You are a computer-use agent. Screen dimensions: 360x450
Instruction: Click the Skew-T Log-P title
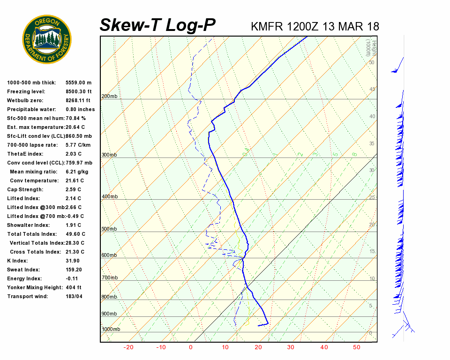pos(158,25)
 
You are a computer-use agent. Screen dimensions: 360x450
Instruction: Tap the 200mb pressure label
pos(109,97)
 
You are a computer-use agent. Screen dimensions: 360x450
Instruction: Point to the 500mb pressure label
pos(109,229)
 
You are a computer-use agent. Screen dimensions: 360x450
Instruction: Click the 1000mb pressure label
pos(111,330)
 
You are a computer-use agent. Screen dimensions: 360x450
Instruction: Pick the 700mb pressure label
pos(109,278)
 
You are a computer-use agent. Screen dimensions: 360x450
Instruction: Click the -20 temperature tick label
pos(128,347)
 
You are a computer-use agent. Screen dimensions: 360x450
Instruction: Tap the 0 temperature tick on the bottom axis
pos(191,347)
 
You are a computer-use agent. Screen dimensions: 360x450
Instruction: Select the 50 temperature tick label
pos(357,347)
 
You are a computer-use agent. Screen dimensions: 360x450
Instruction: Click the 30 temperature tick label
pos(291,347)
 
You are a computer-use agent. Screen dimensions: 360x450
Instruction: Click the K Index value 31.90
pos(73,261)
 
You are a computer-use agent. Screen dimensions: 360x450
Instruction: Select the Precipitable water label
pos(31,110)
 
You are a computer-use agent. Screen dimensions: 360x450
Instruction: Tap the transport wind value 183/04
pos(74,297)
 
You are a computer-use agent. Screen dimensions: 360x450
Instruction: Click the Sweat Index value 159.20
pos(74,270)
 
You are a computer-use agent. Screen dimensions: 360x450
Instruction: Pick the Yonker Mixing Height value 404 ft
pos(74,288)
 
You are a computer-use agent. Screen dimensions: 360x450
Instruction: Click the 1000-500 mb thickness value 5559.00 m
pos(79,83)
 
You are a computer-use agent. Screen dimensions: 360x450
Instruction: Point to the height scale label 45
pos(372,90)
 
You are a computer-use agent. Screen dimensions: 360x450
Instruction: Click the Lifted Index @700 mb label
pos(35,217)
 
